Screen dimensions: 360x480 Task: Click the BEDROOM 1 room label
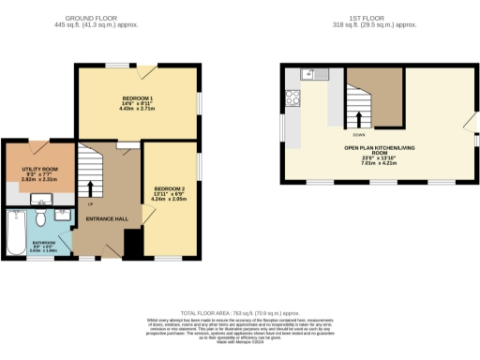[x=137, y=97]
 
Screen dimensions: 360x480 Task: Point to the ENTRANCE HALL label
[x=106, y=218]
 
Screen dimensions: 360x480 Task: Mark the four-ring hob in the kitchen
[x=292, y=95]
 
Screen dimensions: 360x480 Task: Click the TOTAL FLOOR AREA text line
[x=240, y=309]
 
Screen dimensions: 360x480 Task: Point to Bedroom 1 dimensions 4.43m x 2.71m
[x=137, y=109]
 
